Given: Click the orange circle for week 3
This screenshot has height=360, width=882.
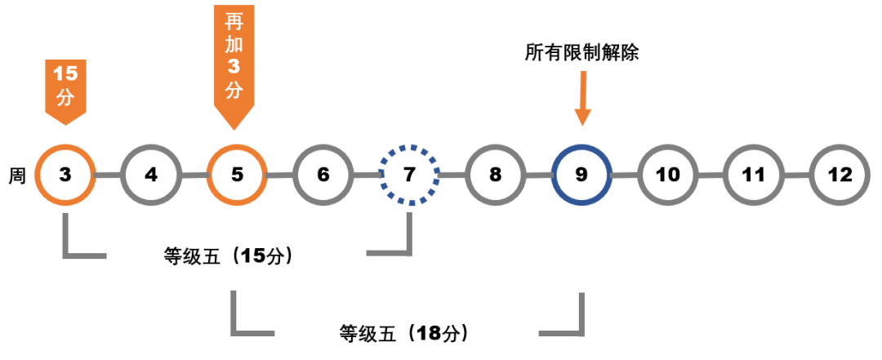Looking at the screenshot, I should [x=66, y=175].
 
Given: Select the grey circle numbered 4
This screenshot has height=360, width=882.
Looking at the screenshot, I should [x=151, y=175].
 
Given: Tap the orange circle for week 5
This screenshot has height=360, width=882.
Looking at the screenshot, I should [x=236, y=175].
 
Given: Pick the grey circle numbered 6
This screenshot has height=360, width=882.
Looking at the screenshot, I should [x=323, y=175].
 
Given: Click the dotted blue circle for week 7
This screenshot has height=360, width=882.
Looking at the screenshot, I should [x=409, y=175].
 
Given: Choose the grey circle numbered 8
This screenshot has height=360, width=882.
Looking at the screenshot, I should [x=495, y=175].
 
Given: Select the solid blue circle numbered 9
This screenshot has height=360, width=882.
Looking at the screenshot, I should [x=581, y=175].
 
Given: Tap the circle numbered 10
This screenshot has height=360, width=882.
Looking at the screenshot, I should [x=667, y=175].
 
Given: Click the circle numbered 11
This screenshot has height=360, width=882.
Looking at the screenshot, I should [x=754, y=175].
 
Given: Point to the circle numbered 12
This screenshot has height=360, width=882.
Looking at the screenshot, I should [x=840, y=175].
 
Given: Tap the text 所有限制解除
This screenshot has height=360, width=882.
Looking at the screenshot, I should [x=581, y=54].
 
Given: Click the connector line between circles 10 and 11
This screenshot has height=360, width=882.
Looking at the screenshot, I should [x=710, y=176].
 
